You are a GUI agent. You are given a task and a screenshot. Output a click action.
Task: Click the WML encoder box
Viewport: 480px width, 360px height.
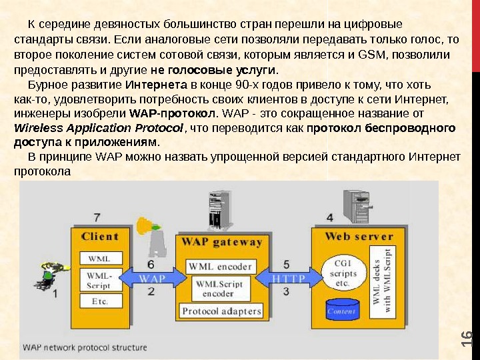tap(220, 267)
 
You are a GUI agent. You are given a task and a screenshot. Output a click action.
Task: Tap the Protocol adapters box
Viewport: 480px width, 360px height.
tap(221, 311)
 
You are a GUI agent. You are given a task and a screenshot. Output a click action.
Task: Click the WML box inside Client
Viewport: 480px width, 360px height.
tap(100, 257)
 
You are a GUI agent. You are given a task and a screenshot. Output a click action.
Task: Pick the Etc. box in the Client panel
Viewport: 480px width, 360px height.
tap(100, 301)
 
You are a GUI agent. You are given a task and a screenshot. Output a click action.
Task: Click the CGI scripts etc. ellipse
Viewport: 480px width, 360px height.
tap(343, 273)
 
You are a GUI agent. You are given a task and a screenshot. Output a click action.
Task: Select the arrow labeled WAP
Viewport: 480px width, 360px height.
tap(153, 277)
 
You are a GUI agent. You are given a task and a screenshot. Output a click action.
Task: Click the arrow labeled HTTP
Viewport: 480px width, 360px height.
tap(288, 277)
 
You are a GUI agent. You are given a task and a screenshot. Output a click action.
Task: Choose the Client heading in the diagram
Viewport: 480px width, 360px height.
tap(100, 236)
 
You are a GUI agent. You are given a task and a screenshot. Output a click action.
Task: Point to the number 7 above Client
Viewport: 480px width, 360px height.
tap(97, 217)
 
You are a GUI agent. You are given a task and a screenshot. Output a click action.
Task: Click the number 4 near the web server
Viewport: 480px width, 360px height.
tap(330, 217)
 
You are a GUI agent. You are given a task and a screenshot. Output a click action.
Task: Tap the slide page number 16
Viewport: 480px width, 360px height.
tap(467, 339)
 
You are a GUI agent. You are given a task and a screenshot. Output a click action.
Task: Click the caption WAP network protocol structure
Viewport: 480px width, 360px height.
tap(85, 347)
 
